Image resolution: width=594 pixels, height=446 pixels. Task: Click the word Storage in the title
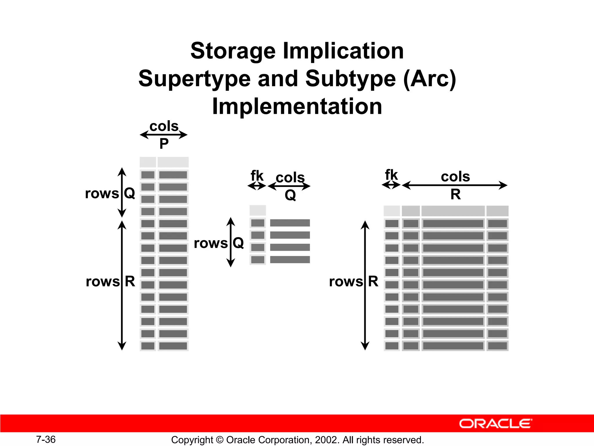click(x=233, y=51)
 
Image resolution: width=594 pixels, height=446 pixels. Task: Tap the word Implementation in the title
click(x=297, y=107)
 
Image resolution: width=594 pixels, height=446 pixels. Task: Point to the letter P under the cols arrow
click(x=164, y=143)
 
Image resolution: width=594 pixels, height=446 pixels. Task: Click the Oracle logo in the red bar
click(x=495, y=424)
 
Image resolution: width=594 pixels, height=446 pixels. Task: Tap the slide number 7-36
click(x=46, y=439)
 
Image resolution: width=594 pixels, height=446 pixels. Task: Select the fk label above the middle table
click(x=257, y=176)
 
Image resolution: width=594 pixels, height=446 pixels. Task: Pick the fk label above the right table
click(x=391, y=175)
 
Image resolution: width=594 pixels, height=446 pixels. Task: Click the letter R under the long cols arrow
click(x=455, y=194)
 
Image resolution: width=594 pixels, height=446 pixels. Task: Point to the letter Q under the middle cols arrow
click(x=290, y=195)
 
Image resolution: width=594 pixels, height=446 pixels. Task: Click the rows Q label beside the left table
click(x=110, y=193)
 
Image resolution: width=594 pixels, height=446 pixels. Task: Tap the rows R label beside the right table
click(x=354, y=281)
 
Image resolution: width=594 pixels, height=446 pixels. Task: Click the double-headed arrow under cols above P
click(x=164, y=135)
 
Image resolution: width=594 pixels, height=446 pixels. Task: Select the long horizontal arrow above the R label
click(x=454, y=185)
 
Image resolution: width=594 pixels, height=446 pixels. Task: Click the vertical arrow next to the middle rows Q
click(x=231, y=242)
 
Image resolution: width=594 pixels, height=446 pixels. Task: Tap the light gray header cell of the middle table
click(x=258, y=210)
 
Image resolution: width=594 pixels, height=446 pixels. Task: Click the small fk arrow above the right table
click(x=391, y=185)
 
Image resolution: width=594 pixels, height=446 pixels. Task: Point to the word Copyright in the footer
click(x=192, y=440)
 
